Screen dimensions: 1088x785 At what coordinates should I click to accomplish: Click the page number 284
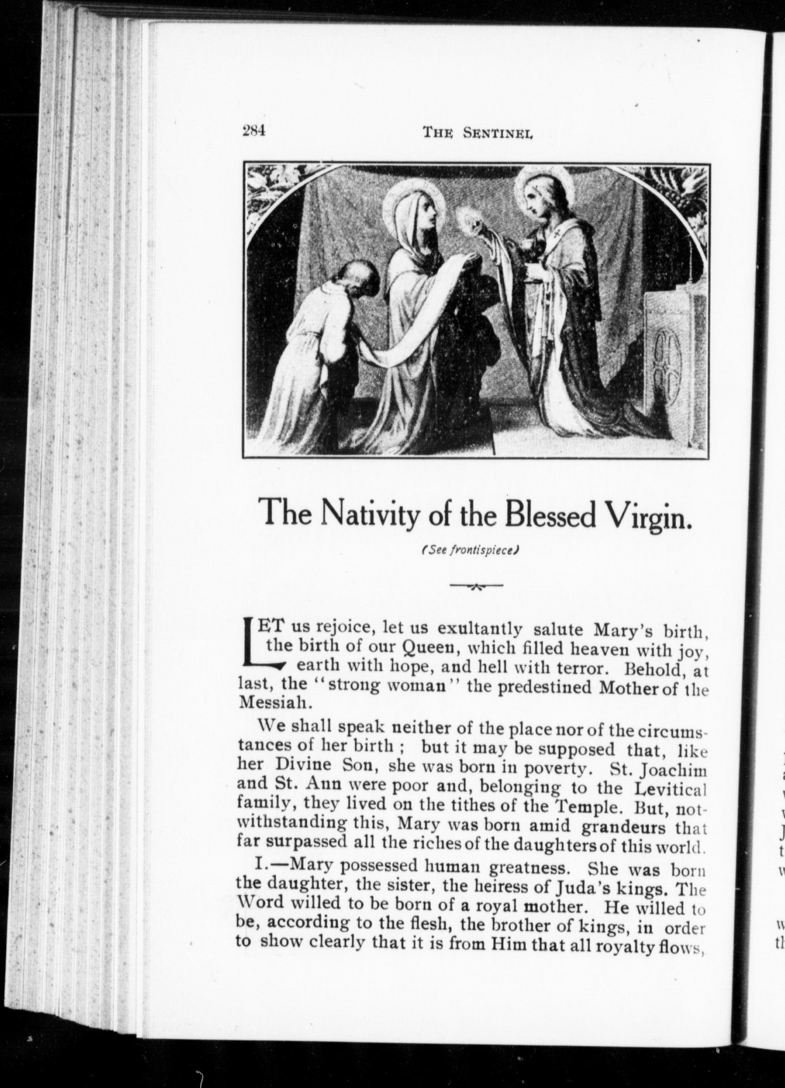click(x=254, y=131)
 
